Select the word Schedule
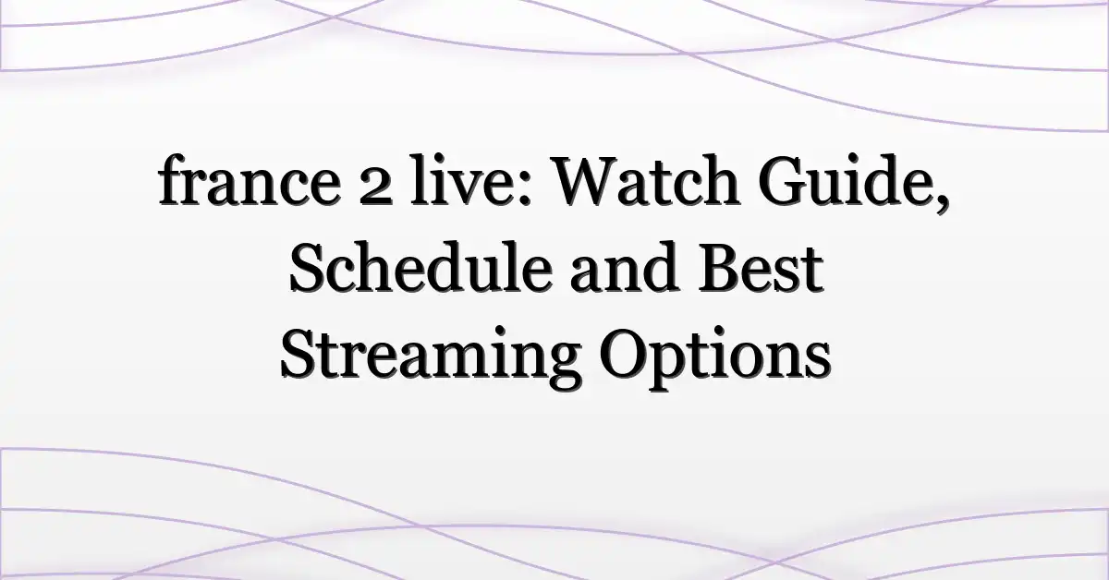(420, 266)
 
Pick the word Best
(761, 267)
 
